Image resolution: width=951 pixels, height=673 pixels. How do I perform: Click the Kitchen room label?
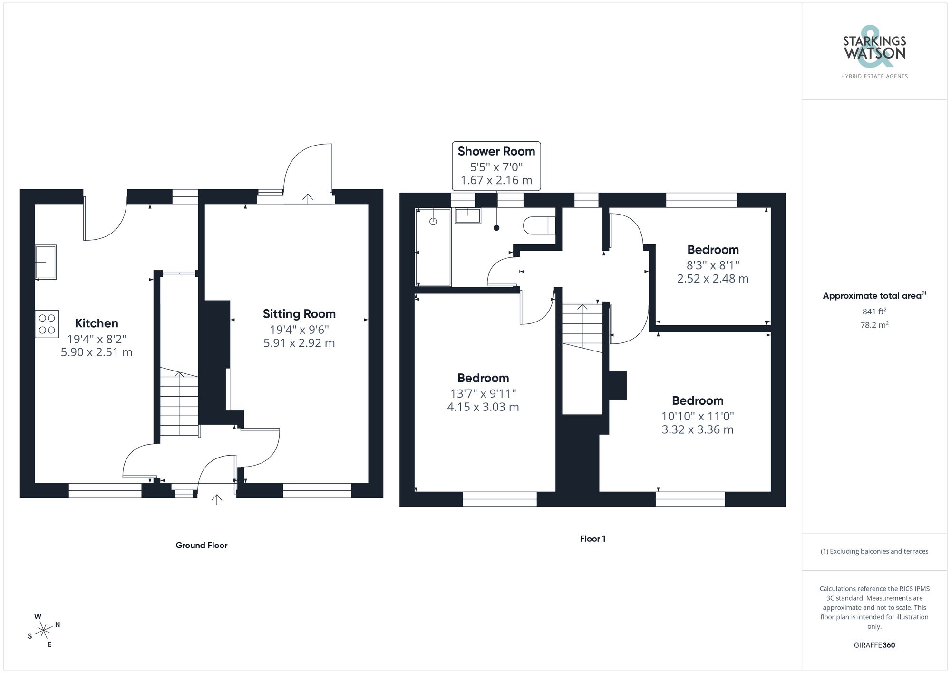pos(97,323)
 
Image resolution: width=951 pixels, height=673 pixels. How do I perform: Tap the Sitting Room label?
pos(299,314)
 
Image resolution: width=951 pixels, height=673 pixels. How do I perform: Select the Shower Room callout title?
pos(496,151)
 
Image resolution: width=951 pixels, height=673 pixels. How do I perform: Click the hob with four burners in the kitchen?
pos(47,324)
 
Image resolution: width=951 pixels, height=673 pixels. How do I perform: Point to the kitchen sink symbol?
pos(46,262)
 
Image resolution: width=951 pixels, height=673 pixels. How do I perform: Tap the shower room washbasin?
pos(468,215)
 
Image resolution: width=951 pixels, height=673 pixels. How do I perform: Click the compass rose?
pos(44,631)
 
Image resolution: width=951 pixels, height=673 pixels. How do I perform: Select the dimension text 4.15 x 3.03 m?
pos(483,407)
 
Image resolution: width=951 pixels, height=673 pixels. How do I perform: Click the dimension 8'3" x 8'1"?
pos(713,265)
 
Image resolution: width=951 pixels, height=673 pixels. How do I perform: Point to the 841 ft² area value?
pos(874,312)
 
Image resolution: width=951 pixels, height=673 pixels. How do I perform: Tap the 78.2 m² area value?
pos(874,325)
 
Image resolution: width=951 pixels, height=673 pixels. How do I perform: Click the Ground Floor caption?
pos(202,546)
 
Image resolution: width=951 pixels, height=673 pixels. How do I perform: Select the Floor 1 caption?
pos(592,539)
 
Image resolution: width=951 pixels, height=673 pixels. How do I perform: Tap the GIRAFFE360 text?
pos(874,645)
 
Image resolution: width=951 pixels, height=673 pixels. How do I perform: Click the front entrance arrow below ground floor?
pos(217,499)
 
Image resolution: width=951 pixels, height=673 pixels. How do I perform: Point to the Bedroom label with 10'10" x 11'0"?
pos(698,400)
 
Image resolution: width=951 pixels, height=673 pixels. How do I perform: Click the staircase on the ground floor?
pos(179,404)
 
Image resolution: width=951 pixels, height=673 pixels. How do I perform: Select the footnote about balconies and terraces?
pos(874,552)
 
